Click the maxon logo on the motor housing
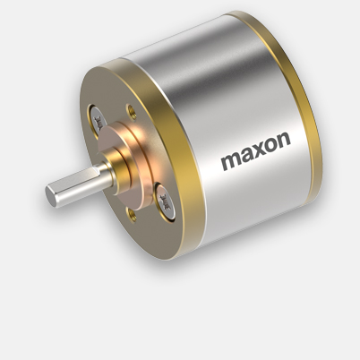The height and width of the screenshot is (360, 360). [256, 150]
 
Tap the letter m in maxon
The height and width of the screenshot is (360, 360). [230, 161]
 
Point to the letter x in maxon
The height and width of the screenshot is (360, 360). [256, 151]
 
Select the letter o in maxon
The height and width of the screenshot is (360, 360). [270, 146]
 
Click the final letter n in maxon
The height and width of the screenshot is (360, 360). [284, 141]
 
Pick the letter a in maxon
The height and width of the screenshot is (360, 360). [245, 156]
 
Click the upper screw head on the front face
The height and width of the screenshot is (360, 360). [99, 121]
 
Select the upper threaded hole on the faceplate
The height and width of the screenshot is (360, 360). [131, 111]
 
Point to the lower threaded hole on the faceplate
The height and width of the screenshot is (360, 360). [131, 214]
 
